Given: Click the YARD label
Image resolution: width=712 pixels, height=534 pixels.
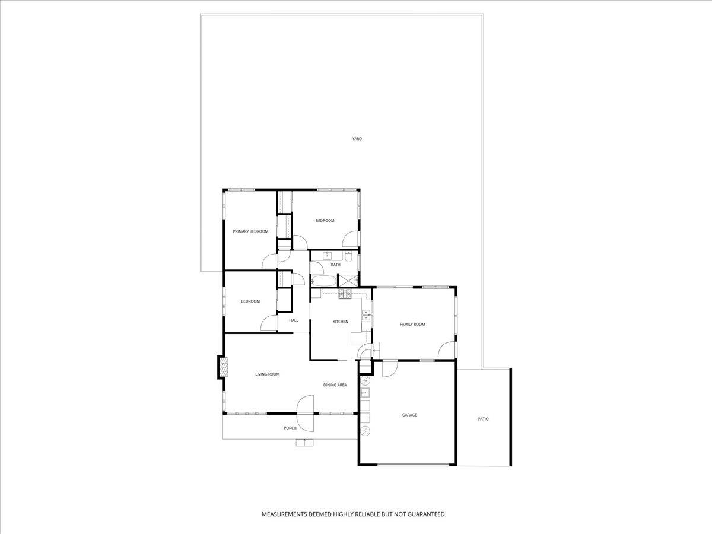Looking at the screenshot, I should point(357,139).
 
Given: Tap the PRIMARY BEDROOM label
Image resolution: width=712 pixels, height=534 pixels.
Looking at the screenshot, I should point(250,231).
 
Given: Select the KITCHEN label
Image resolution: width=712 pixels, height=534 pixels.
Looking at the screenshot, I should point(340,322).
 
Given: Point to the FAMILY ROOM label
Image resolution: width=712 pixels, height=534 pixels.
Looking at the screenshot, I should point(412,324).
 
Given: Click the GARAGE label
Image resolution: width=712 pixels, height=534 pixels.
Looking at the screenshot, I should point(409,415).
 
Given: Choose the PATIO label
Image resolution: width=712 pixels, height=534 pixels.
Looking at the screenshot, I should point(484,419).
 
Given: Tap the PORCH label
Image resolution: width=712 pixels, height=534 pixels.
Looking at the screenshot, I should point(290,428).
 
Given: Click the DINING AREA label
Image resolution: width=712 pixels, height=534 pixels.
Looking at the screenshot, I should point(335,385).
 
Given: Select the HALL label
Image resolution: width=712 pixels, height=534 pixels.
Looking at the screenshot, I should point(294,320).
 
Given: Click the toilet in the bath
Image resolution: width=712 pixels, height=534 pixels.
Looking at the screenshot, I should point(349,258).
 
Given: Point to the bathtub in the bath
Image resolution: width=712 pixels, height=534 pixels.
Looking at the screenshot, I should point(324,280).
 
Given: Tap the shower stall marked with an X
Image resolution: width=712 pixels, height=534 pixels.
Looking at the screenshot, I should point(347,280).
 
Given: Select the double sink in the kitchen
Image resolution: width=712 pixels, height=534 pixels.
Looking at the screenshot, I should point(366,315).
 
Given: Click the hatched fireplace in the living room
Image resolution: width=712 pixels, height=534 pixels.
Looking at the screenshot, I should point(223,367).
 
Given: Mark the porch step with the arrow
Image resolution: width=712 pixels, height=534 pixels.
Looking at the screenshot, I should point(305,441).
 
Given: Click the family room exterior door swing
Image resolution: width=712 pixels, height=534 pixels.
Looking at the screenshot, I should point(447,351).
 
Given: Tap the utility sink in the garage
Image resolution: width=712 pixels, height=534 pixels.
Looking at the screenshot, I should point(365,392).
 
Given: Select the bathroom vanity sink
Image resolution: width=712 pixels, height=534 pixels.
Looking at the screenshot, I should point(327,256).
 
